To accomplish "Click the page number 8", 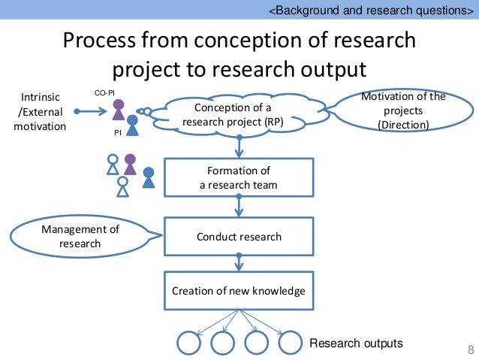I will tap(471, 349).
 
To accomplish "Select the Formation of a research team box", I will tap(239, 178).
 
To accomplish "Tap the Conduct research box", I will tap(239, 237).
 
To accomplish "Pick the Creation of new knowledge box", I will tap(239, 291).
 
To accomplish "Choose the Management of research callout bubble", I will tap(80, 236).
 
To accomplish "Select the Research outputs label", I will tap(356, 343).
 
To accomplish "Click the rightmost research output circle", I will tap(290, 343).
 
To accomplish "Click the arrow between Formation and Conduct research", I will tap(239, 205).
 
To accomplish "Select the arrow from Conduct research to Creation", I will tap(239, 263).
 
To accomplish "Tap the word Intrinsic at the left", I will tap(41, 97).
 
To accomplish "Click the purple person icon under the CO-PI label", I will tap(118, 110).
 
